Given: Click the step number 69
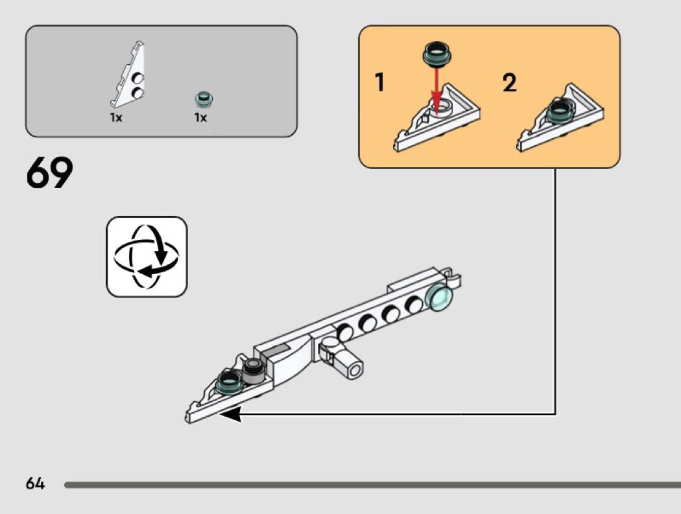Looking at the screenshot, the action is (x=49, y=172).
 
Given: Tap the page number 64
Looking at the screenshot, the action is (x=35, y=484).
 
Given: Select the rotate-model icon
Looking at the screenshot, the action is (x=147, y=257).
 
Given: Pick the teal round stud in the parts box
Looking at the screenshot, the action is (x=204, y=99).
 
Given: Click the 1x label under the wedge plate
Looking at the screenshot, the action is (x=116, y=118).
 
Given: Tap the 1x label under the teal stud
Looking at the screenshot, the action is (x=200, y=118).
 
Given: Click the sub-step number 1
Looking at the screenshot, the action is (x=379, y=82).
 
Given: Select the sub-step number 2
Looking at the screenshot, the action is (x=510, y=82).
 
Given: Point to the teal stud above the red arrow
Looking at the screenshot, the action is (x=437, y=53).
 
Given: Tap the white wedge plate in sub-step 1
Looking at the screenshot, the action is (x=436, y=118).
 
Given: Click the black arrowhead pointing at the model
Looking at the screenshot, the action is (x=231, y=414).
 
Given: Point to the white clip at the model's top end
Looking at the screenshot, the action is (x=453, y=280).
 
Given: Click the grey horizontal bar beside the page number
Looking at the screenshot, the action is (x=373, y=484).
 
